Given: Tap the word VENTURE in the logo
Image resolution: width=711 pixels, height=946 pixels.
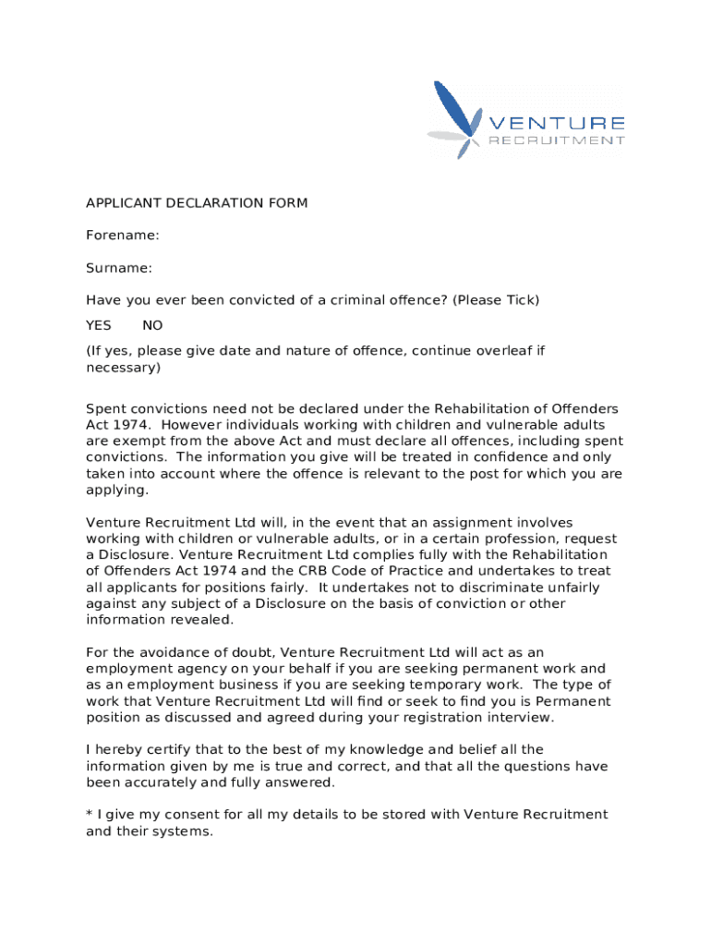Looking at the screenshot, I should pos(556,124).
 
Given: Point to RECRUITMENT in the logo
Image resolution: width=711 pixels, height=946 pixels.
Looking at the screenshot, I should pos(556,141).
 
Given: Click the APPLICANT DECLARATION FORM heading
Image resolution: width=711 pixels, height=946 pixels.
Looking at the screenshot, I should pos(197,203).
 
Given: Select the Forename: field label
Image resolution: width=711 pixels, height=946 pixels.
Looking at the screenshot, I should pos(123,236).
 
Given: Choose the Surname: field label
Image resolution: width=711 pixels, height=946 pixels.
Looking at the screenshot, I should pos(119,268).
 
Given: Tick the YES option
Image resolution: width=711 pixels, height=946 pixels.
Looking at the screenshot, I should pos(99,325).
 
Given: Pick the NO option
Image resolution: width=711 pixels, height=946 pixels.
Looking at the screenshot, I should pos(152,325).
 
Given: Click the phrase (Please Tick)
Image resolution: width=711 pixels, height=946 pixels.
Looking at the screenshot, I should pos(493,300).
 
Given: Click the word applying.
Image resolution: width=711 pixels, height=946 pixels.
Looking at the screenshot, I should pos(115,490).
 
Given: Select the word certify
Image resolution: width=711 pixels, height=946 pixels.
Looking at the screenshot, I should pos(168,749).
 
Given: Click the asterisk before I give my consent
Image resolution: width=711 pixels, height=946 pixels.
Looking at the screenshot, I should pos(90,813).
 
